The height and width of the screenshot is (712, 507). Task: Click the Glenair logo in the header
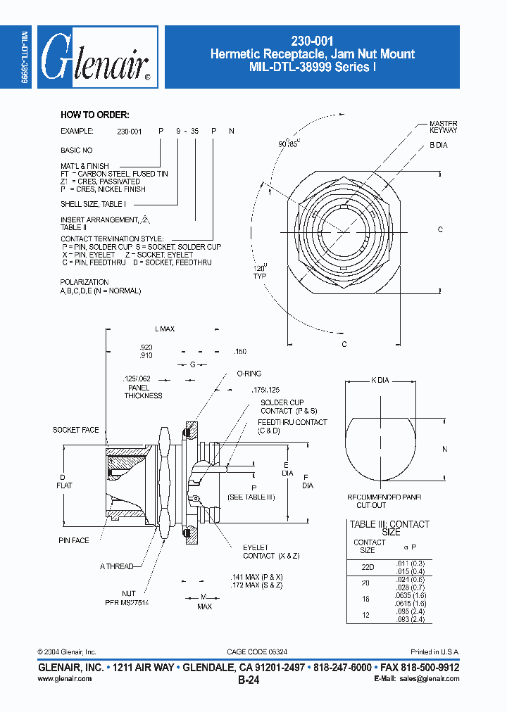(96, 58)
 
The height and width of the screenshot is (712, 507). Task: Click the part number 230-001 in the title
(312, 42)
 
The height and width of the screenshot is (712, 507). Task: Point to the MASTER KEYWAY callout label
(443, 127)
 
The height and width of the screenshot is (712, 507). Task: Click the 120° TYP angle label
(261, 272)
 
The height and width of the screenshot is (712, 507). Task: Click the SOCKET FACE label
(76, 430)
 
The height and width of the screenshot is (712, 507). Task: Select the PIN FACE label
(74, 540)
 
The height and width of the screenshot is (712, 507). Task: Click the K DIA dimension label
(380, 381)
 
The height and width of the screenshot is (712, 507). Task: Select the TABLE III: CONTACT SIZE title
(389, 528)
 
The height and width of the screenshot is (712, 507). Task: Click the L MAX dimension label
(164, 329)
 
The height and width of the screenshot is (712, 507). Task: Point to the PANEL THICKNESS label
(143, 391)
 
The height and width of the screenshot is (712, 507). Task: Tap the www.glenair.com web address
(63, 679)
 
